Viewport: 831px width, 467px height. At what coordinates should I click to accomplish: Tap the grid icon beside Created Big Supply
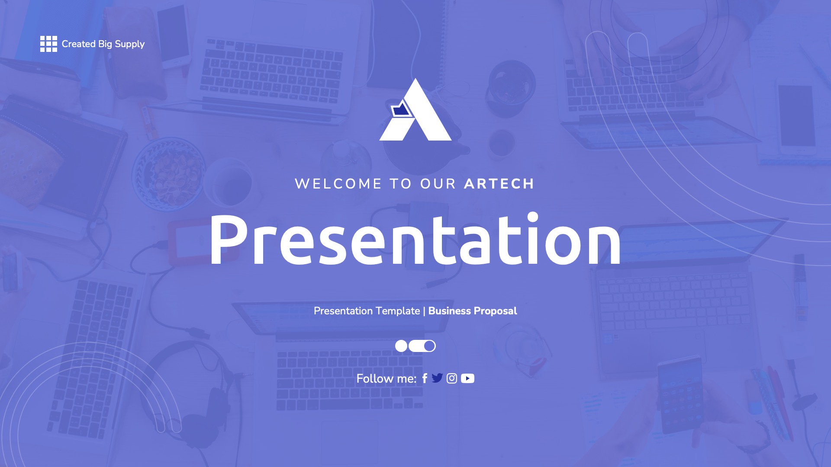pyautogui.click(x=48, y=44)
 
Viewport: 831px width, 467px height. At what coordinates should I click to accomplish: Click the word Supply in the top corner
pyautogui.click(x=129, y=44)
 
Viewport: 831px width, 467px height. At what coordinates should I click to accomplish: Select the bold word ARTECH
pyautogui.click(x=499, y=184)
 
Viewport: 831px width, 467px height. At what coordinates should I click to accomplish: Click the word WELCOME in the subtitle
pyautogui.click(x=338, y=184)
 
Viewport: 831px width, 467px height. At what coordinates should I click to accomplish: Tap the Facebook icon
pyautogui.click(x=425, y=378)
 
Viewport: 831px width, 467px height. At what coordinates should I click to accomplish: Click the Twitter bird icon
pyautogui.click(x=437, y=378)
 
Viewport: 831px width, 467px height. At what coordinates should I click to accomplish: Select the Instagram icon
pyautogui.click(x=452, y=378)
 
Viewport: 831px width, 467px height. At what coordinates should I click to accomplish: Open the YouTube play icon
pyautogui.click(x=467, y=378)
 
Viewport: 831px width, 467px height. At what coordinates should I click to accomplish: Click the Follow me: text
pyautogui.click(x=386, y=379)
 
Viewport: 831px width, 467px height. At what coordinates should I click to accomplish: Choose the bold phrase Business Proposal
pyautogui.click(x=473, y=311)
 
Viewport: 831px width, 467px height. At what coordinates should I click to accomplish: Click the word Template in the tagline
pyautogui.click(x=399, y=311)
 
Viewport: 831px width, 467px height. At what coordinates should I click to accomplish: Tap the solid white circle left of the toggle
pyautogui.click(x=401, y=346)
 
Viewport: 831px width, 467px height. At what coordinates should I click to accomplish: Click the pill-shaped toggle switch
pyautogui.click(x=422, y=346)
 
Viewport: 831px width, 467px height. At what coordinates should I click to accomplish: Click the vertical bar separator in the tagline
pyautogui.click(x=424, y=311)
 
